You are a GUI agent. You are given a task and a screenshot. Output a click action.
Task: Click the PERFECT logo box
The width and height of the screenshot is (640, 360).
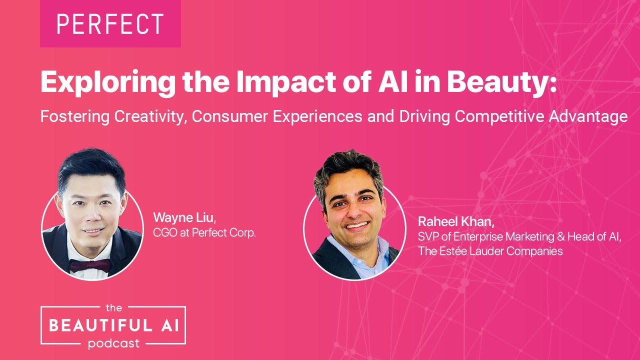pyautogui.click(x=110, y=23)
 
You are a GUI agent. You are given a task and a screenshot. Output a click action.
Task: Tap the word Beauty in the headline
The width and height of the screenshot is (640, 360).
pyautogui.click(x=500, y=82)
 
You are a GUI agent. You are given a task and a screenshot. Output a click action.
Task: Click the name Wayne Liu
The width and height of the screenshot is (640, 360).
pyautogui.click(x=184, y=217)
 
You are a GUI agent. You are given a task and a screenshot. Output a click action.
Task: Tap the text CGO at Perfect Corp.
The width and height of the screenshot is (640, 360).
pyautogui.click(x=204, y=232)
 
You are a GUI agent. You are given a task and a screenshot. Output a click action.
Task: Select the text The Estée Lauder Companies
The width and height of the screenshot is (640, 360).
pyautogui.click(x=490, y=251)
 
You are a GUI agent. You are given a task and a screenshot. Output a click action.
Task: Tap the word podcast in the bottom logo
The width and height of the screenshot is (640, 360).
pyautogui.click(x=113, y=344)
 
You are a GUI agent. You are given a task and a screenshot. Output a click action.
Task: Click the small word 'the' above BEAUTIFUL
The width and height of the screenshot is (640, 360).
pyautogui.click(x=114, y=308)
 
